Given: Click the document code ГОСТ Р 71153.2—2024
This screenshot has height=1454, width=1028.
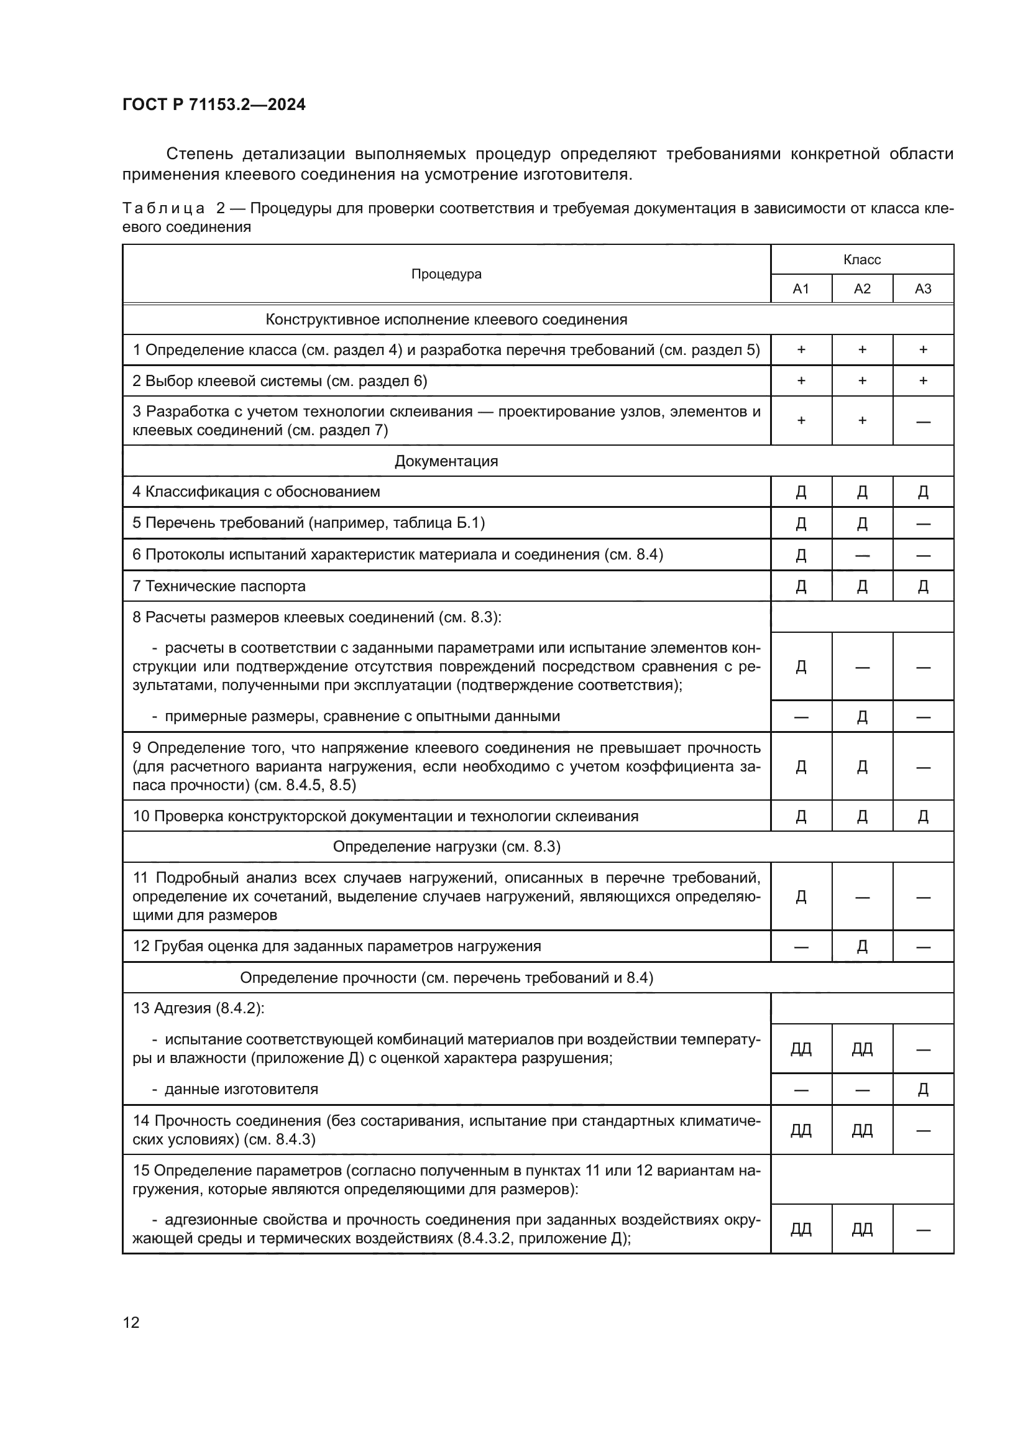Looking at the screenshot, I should click(213, 104).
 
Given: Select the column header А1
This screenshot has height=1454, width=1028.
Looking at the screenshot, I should click(801, 289).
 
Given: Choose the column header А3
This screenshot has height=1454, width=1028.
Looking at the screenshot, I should click(923, 289).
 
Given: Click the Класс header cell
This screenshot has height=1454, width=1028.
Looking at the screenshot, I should click(861, 260).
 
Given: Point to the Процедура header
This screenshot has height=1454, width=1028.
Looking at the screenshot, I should click(446, 274).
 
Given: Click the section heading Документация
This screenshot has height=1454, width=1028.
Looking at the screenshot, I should click(446, 461).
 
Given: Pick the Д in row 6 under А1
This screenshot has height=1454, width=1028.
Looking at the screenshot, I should click(801, 555).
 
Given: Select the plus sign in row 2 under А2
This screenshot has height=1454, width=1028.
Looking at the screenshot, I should click(861, 381).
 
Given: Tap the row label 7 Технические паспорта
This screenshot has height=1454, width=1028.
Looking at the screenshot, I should click(219, 586).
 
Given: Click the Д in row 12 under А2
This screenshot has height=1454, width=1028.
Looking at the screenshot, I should click(861, 947).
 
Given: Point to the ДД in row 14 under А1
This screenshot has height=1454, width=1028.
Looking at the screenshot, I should click(801, 1130).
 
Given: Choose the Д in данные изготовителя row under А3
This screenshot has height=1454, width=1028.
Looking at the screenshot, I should click(923, 1090).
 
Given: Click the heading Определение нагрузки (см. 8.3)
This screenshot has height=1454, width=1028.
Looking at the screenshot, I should click(446, 847).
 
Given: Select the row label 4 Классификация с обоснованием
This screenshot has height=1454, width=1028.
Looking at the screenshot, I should click(256, 492).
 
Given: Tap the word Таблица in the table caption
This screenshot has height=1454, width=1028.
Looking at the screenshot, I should click(163, 208).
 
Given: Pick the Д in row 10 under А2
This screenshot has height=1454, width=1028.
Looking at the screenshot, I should click(861, 817).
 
